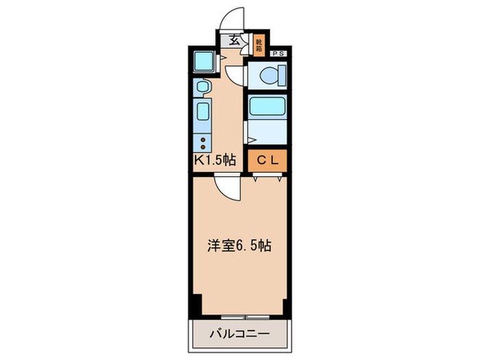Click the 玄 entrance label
235,40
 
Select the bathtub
267,106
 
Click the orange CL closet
267,160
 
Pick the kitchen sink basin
203,111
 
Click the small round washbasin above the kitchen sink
202,87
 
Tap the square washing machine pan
204,62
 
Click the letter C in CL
261,160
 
